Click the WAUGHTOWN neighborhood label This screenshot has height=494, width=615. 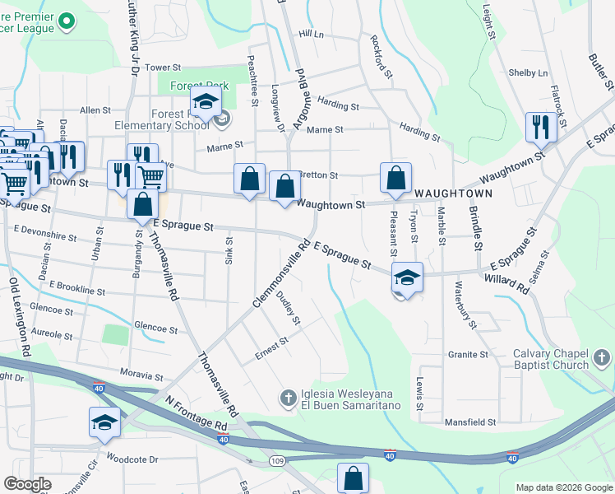453,193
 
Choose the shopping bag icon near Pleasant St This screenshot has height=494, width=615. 395,176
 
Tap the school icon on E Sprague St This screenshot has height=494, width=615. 406,277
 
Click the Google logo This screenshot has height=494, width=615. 27,484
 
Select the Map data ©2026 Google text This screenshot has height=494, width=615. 563,487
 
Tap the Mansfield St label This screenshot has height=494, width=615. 470,422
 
